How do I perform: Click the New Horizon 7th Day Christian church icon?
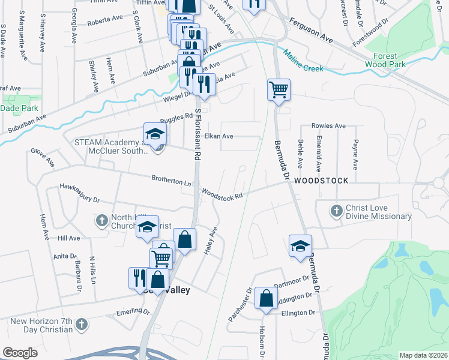pos(82,325)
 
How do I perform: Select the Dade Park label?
pos(19,108)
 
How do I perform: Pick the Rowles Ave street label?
pos(328,126)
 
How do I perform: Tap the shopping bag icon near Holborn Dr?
pos(266,298)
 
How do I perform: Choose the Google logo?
pos(20,353)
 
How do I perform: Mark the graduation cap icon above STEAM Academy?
pos(154,134)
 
